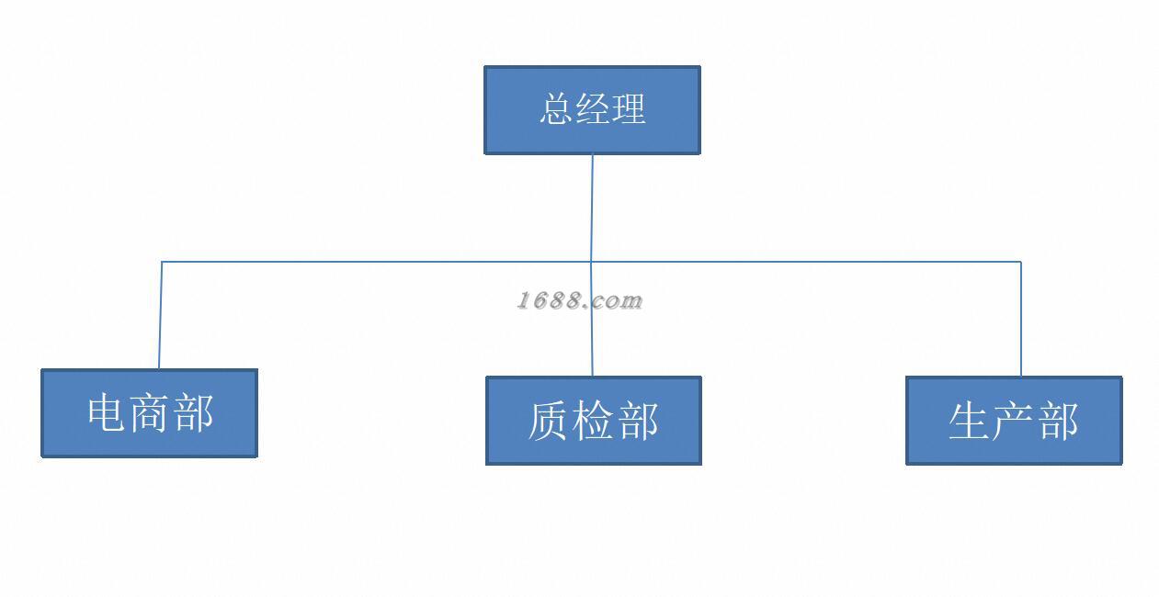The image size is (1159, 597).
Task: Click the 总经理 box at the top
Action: tap(592, 109)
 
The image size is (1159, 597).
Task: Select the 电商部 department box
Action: tap(149, 413)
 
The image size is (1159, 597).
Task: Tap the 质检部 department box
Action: tap(593, 421)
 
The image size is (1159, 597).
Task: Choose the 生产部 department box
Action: tap(1014, 421)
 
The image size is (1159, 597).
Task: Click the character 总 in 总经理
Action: tap(556, 109)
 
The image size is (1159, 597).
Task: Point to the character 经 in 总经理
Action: tap(593, 109)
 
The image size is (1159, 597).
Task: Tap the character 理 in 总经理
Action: tap(629, 109)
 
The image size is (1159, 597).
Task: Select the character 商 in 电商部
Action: tap(149, 413)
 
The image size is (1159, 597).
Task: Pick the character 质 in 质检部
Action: tap(549, 421)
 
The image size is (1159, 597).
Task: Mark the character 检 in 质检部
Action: tap(593, 421)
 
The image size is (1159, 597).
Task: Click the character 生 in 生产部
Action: tap(970, 421)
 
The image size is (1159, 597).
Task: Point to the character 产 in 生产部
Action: tap(1014, 421)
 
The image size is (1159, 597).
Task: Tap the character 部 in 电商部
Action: tap(193, 413)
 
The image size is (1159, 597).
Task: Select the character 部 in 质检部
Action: tap(637, 421)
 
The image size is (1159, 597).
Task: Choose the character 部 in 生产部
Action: tap(1057, 421)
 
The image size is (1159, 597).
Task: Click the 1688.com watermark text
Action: tap(579, 300)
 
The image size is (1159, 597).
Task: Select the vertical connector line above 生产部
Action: tap(1020, 319)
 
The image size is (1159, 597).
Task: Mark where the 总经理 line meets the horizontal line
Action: tap(592, 262)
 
